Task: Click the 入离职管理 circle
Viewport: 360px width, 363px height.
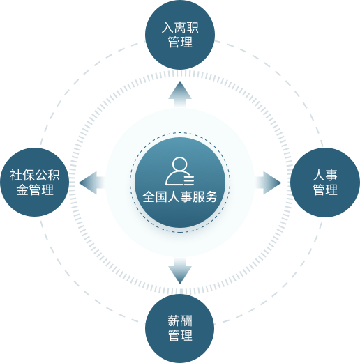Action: (x=180, y=35)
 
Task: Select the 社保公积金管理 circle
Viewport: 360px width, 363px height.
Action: (x=35, y=183)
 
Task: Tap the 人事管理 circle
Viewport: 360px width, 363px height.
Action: (x=325, y=183)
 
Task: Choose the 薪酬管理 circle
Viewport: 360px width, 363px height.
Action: (x=180, y=328)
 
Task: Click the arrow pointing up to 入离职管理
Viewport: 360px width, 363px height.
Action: (x=180, y=94)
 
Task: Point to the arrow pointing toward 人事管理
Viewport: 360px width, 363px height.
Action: (x=269, y=183)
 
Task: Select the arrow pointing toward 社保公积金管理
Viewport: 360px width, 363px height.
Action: (x=91, y=183)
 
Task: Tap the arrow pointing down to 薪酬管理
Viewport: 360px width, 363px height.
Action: (x=180, y=271)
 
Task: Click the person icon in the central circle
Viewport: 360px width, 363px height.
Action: (x=179, y=171)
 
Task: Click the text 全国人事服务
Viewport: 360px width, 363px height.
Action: (x=180, y=196)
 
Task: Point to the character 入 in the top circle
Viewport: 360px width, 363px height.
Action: (x=167, y=28)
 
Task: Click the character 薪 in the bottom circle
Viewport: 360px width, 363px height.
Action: (x=174, y=320)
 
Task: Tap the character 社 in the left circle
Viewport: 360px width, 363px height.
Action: (x=16, y=175)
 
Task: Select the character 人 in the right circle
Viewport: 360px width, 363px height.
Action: (x=319, y=175)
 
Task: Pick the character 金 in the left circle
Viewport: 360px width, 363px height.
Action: (x=22, y=190)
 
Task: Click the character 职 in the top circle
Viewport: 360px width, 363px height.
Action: (x=193, y=28)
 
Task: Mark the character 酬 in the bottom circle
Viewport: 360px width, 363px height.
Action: (x=186, y=320)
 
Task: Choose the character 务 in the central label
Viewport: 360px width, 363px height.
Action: (x=211, y=196)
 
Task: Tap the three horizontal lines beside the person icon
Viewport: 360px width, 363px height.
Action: (x=189, y=180)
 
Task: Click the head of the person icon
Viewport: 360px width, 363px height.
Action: (x=180, y=164)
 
